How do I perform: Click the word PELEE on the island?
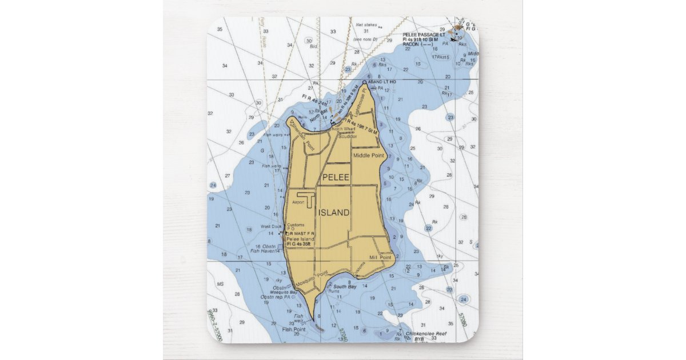tap(336, 178)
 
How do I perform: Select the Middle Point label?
tap(368, 155)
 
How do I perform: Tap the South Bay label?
tap(345, 286)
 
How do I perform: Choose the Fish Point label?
tap(294, 329)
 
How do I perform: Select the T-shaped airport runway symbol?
tap(308, 199)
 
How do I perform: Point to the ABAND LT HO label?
tap(382, 82)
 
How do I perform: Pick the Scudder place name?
tap(348, 136)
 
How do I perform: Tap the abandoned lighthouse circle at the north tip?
tap(364, 82)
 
